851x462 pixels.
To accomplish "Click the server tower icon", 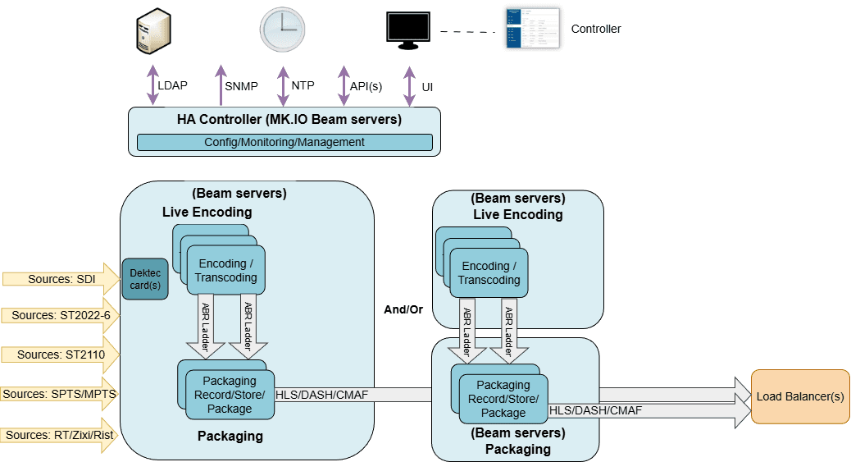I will point(154,30).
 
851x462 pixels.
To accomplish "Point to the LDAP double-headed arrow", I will point(152,85).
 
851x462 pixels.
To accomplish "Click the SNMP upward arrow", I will point(220,85).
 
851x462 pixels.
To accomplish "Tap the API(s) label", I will point(366,86).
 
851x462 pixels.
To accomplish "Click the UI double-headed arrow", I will point(408,85).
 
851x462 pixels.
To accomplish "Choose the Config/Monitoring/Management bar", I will point(284,142).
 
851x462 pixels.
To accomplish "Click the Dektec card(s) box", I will point(144,279).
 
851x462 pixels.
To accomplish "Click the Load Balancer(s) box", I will point(800,397).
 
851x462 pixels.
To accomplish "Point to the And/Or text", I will point(403,309).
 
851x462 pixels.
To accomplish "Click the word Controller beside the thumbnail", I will point(596,29).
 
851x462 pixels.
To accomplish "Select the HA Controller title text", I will point(289,120).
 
